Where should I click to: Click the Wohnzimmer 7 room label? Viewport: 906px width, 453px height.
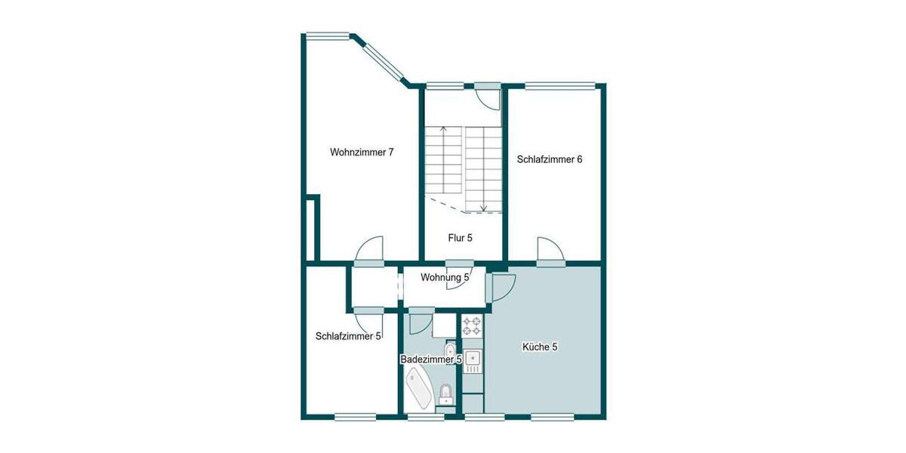[x=362, y=153]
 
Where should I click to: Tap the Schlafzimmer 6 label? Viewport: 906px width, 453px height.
[x=549, y=159]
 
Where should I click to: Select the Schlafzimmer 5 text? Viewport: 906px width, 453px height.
[x=348, y=337]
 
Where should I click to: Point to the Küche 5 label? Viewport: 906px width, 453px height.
[x=540, y=347]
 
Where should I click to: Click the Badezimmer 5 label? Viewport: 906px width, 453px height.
[x=430, y=360]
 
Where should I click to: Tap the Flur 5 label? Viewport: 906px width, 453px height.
[x=460, y=238]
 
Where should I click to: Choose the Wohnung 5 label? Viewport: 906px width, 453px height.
[x=445, y=277]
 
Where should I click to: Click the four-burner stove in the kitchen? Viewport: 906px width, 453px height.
[x=472, y=325]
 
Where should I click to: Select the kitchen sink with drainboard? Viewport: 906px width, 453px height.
[x=472, y=361]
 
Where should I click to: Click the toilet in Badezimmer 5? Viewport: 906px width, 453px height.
[x=446, y=394]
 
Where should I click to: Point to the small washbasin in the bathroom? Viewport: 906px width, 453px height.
[x=450, y=350]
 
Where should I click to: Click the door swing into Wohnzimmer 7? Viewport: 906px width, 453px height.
[x=369, y=249]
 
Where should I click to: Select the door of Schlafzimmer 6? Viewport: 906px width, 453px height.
[x=549, y=250]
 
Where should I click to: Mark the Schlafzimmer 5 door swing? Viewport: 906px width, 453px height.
[x=368, y=320]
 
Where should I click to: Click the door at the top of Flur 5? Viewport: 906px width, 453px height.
[x=487, y=97]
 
